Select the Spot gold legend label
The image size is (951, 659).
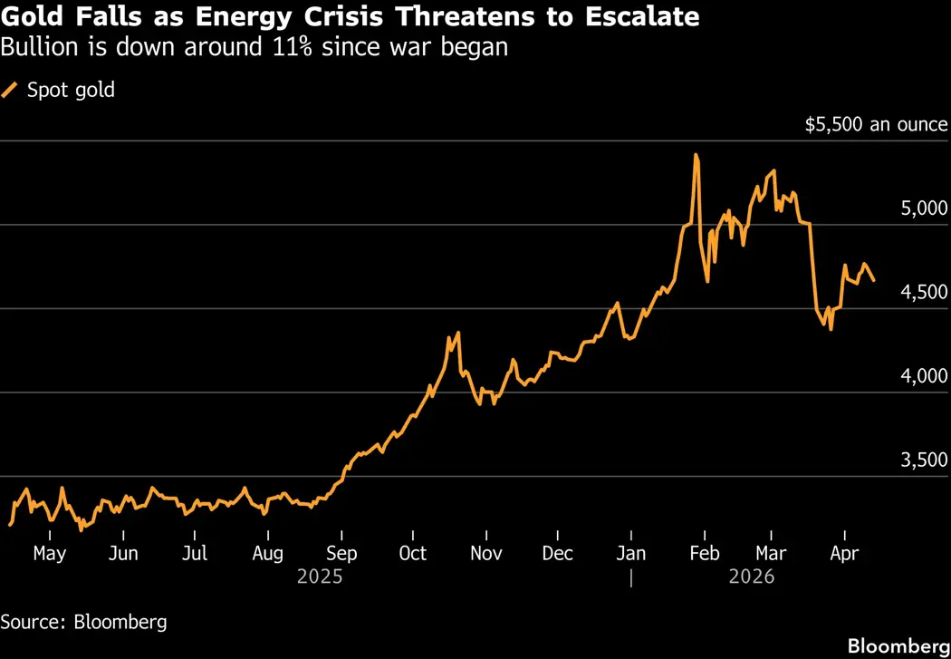71,90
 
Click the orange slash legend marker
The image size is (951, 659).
10,90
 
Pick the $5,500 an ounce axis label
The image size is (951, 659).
876,124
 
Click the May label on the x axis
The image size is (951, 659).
49,553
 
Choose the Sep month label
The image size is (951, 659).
341,553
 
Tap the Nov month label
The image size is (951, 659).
486,553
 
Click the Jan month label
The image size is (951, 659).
631,553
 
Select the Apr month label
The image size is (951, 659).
844,553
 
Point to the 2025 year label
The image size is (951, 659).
319,576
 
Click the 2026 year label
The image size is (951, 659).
751,576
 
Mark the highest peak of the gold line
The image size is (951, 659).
696,156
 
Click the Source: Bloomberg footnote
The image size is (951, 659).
83,622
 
